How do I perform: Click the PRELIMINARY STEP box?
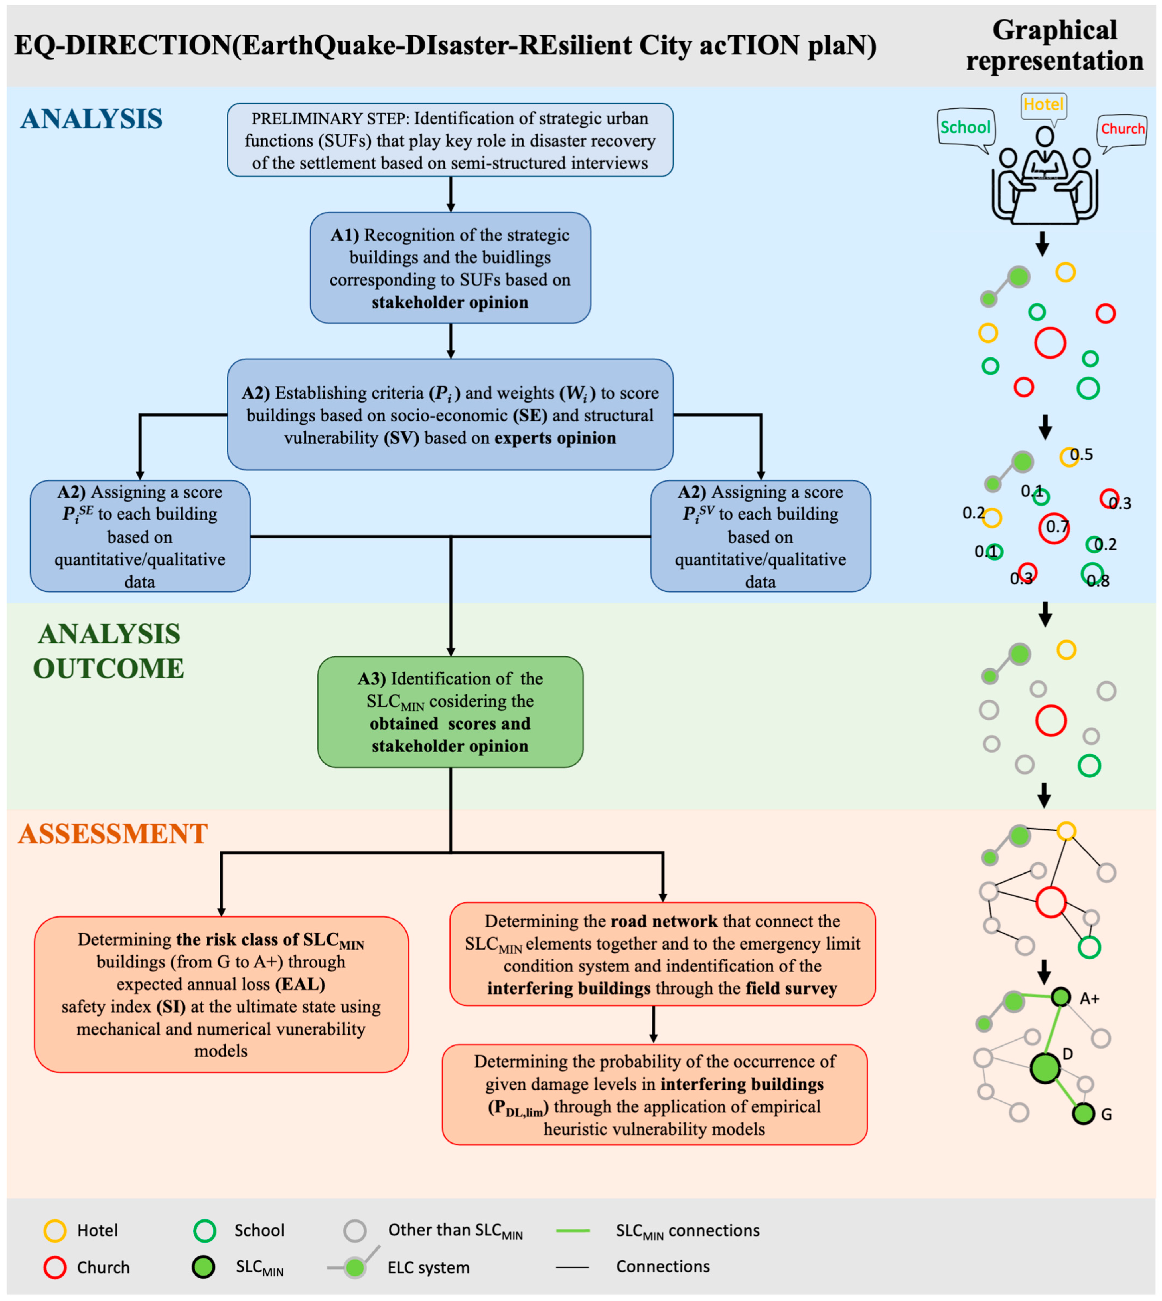point(450,140)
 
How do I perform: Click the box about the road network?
point(662,954)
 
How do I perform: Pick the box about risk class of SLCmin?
point(221,994)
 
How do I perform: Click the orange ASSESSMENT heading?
point(113,833)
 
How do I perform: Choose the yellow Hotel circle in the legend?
point(55,1230)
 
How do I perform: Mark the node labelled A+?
point(1061,997)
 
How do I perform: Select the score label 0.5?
point(1082,455)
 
